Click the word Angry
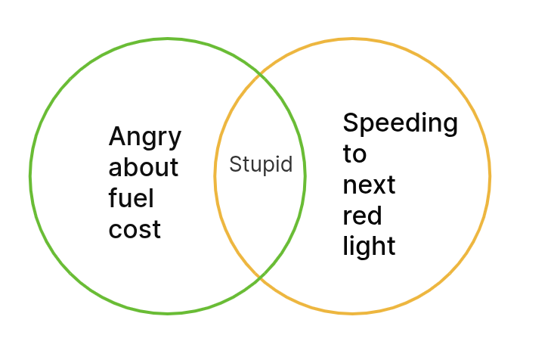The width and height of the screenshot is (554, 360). [x=145, y=137]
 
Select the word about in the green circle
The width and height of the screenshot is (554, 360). [x=144, y=166]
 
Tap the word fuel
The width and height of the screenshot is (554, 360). [x=132, y=198]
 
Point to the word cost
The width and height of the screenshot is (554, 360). [x=135, y=229]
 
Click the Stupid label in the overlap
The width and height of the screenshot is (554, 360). [x=261, y=164]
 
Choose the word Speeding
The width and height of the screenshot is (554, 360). [x=400, y=123]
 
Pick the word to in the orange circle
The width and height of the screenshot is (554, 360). [x=354, y=154]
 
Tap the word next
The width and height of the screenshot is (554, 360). [x=369, y=185]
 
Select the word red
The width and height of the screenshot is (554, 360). [x=362, y=216]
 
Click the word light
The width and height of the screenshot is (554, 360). [x=369, y=247]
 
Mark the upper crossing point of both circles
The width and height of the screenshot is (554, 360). [x=260, y=74]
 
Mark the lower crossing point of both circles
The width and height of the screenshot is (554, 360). [x=260, y=278]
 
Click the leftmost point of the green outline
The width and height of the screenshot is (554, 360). [x=30, y=176]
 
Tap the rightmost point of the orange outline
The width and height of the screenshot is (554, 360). [x=490, y=176]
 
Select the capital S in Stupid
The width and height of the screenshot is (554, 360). [x=235, y=164]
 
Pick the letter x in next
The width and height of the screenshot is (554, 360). [x=377, y=185]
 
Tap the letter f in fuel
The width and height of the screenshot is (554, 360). [x=113, y=198]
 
